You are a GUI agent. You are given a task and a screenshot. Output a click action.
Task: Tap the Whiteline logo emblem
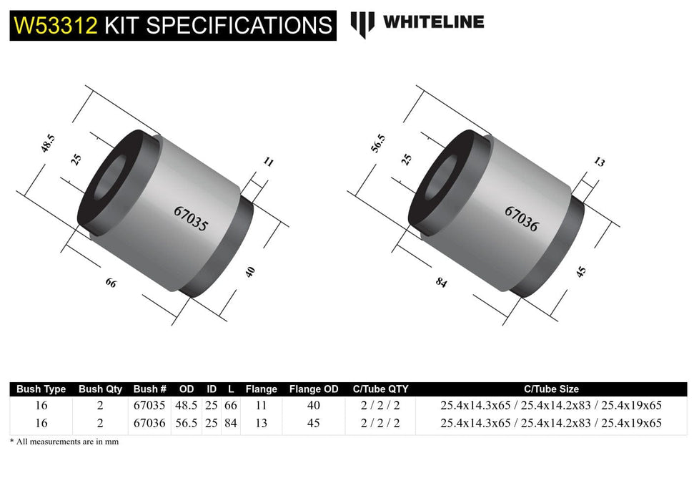click(362, 24)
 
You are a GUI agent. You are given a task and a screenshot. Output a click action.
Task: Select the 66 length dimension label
click(111, 283)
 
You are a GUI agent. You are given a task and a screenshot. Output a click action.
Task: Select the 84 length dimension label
click(440, 283)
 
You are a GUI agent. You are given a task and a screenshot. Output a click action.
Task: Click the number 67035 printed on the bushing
click(191, 219)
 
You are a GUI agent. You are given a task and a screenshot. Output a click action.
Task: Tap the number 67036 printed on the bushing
click(521, 218)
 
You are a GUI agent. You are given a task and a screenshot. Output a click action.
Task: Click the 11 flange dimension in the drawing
click(269, 162)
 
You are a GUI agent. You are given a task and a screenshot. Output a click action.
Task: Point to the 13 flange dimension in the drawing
click(599, 162)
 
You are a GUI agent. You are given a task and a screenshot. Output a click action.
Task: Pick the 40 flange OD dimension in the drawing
click(249, 273)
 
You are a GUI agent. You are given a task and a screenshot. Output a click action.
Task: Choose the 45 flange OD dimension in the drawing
click(580, 272)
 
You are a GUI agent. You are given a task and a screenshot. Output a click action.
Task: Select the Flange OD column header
click(314, 389)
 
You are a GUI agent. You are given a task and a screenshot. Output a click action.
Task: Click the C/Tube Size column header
click(550, 389)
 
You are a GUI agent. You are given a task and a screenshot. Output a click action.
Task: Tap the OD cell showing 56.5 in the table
click(187, 423)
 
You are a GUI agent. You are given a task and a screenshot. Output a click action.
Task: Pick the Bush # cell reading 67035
click(149, 405)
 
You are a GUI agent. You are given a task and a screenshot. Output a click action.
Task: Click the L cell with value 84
click(230, 423)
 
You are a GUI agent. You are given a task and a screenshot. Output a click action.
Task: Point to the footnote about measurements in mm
click(64, 442)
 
